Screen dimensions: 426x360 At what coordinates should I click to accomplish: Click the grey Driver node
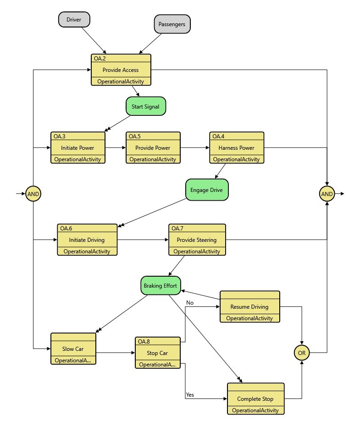(x=74, y=20)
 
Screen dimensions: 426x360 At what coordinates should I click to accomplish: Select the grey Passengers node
(x=172, y=24)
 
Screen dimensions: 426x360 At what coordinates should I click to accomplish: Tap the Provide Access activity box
(x=121, y=70)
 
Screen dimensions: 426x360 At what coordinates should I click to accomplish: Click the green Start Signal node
(x=145, y=107)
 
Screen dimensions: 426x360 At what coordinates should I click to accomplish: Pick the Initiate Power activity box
(x=78, y=148)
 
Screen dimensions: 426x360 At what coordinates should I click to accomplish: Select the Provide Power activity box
(x=153, y=148)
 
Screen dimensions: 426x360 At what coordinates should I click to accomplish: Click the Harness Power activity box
(x=236, y=148)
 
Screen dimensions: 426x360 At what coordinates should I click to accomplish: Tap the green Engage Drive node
(x=206, y=189)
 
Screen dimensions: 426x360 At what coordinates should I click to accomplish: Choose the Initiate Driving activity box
(x=87, y=240)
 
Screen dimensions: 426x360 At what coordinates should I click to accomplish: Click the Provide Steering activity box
(x=197, y=240)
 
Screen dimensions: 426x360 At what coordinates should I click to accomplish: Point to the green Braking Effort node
(x=160, y=285)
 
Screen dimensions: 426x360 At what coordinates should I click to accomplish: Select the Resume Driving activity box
(x=249, y=306)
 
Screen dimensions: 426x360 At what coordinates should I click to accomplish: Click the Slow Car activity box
(x=73, y=349)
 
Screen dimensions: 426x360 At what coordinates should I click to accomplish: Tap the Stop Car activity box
(x=157, y=353)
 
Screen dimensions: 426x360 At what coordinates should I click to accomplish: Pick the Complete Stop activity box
(x=255, y=399)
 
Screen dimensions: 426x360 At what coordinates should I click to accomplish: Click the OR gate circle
(x=302, y=353)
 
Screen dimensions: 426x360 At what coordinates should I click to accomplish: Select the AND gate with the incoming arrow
(x=33, y=194)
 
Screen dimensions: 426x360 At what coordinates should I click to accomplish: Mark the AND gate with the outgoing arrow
(x=327, y=194)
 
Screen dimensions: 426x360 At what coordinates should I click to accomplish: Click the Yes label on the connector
(x=190, y=394)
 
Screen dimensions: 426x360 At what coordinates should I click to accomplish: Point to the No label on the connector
(x=190, y=303)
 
